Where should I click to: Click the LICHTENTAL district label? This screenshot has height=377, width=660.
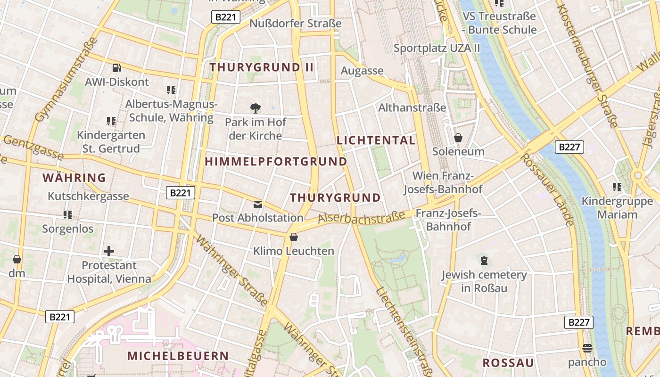[x=376, y=140]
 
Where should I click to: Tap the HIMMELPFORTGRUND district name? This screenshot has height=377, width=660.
[x=276, y=162]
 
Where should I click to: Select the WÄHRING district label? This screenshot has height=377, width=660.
[x=74, y=178]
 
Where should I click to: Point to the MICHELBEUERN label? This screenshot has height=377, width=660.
[x=178, y=356]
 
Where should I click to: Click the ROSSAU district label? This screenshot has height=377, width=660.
[x=508, y=362]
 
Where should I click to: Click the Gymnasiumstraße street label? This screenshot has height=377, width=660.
[x=66, y=80]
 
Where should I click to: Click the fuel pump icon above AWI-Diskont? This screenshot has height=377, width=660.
[x=116, y=68]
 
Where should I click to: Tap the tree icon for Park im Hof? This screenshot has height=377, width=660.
[x=256, y=108]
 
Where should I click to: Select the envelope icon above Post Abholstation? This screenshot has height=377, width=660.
[x=258, y=205]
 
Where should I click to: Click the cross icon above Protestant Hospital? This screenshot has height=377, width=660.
[x=109, y=251]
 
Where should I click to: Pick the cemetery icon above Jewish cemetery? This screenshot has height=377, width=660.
[x=484, y=260]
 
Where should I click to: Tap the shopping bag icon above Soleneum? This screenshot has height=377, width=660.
[x=458, y=138]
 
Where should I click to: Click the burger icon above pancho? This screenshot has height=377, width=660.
[x=587, y=348]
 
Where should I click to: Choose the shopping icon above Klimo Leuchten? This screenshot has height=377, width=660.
[x=294, y=237]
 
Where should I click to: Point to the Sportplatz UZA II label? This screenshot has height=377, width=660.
[x=437, y=48]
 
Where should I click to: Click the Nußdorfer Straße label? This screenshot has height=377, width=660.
[x=295, y=24]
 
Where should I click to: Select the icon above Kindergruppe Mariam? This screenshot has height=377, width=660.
[x=617, y=187]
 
